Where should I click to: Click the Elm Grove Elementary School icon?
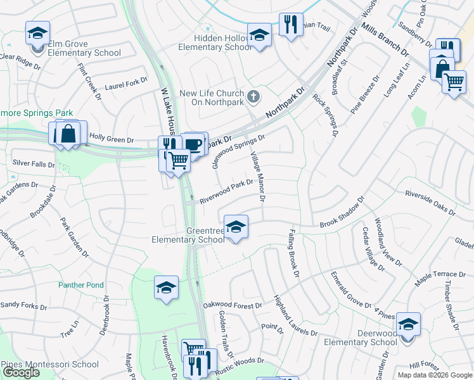pos(37,32)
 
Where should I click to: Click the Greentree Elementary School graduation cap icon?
pos(236,227)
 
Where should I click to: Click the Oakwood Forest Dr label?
pos(233,305)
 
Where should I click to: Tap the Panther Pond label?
pos(81,285)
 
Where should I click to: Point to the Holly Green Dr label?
pos(112,136)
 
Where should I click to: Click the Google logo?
pos(21,372)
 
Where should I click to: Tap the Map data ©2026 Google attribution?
pos(435,375)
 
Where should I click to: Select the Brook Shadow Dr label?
pos(343,212)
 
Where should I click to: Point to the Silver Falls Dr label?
pos(34,163)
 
